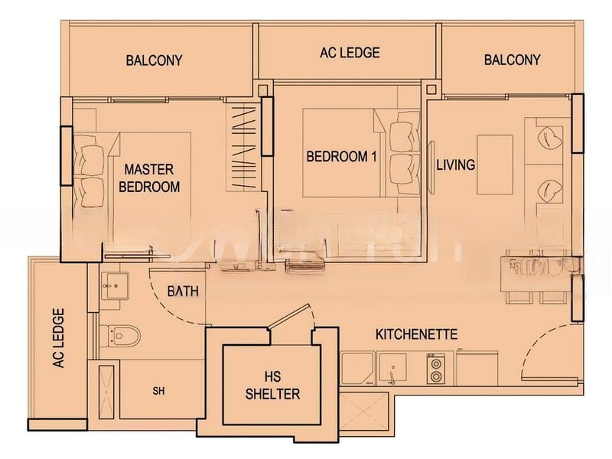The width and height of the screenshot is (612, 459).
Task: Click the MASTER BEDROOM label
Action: [x=149, y=178]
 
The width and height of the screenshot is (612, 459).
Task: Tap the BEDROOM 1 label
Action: [x=341, y=157]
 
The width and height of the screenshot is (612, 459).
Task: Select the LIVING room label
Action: [x=455, y=164]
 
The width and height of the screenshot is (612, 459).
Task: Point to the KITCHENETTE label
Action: [x=416, y=334]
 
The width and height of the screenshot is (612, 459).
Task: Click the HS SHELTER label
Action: [x=272, y=386]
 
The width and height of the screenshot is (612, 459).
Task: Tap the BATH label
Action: [x=183, y=291]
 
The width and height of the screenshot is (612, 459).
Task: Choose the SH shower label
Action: [x=158, y=391]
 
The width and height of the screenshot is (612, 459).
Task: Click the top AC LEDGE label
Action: [x=350, y=53]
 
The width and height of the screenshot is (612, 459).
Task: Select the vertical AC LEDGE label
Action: [x=59, y=338]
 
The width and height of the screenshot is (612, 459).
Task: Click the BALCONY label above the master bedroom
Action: [x=155, y=60]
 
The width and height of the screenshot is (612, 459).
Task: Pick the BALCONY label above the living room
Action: [x=512, y=60]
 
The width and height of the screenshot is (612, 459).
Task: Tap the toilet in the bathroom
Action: [x=120, y=335]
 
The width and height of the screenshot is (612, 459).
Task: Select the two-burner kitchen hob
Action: [x=436, y=369]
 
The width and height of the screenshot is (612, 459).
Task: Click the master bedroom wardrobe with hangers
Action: [x=243, y=148]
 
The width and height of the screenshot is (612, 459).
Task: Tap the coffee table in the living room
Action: [x=495, y=164]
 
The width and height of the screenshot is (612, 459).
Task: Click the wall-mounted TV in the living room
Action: [x=431, y=167]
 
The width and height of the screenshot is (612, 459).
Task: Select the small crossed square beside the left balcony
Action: [x=263, y=89]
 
